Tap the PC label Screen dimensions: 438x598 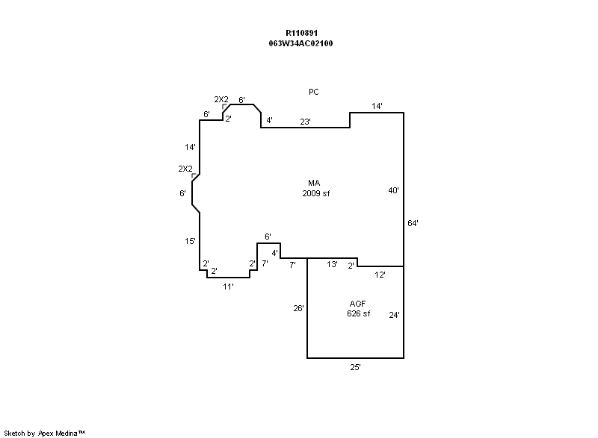[314, 92]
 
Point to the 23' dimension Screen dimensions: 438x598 [305, 120]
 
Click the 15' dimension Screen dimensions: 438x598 [191, 241]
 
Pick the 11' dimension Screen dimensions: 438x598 [229, 286]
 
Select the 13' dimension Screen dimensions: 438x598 [333, 264]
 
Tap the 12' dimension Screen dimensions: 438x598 [380, 275]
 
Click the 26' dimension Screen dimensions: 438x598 [298, 308]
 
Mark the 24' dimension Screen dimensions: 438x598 [394, 315]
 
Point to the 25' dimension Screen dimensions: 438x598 [356, 368]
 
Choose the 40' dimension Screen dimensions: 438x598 [393, 190]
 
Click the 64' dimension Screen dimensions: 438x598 [413, 222]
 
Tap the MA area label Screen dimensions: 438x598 [314, 183]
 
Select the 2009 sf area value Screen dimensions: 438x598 [315, 193]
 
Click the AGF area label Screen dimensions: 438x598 [358, 304]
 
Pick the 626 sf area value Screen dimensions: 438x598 [358, 313]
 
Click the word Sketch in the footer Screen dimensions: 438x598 [15, 433]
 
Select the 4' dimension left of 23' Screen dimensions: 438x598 [269, 120]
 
